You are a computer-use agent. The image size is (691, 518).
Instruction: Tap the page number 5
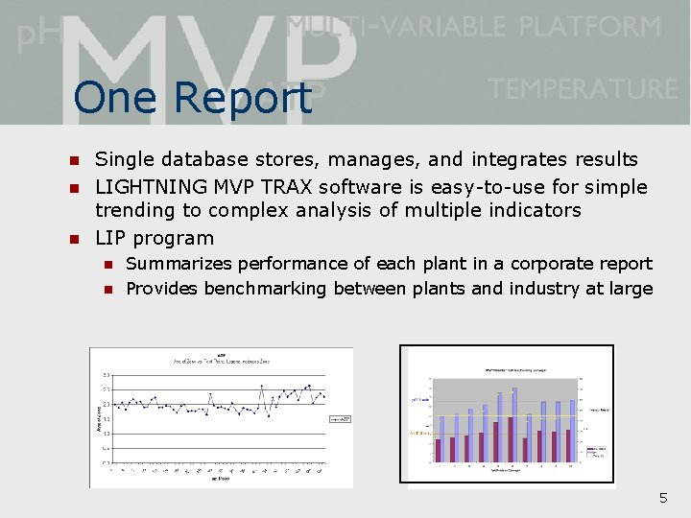(662, 498)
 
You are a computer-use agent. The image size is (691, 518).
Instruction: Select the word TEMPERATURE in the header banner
(583, 89)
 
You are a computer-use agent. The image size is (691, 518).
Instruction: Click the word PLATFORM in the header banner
(596, 26)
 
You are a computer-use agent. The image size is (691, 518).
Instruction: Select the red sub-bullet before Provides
(108, 290)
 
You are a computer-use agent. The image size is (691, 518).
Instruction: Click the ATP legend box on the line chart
(340, 419)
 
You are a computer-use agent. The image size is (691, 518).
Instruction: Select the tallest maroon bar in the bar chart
(510, 439)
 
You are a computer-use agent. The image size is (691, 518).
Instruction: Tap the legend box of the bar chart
(596, 450)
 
